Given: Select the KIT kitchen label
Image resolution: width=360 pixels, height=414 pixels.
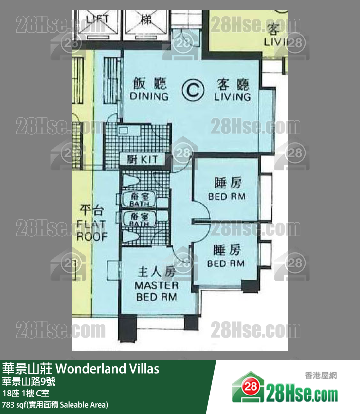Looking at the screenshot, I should pyautogui.click(x=144, y=159).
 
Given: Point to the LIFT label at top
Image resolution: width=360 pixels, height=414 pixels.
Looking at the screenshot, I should pyautogui.click(x=97, y=19).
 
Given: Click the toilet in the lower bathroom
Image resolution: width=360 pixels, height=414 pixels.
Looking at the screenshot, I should pyautogui.click(x=129, y=237).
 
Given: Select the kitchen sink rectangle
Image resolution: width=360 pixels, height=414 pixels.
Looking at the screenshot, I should pyautogui.click(x=122, y=130).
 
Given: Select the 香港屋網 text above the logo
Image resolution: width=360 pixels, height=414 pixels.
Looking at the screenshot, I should pyautogui.click(x=321, y=375).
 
